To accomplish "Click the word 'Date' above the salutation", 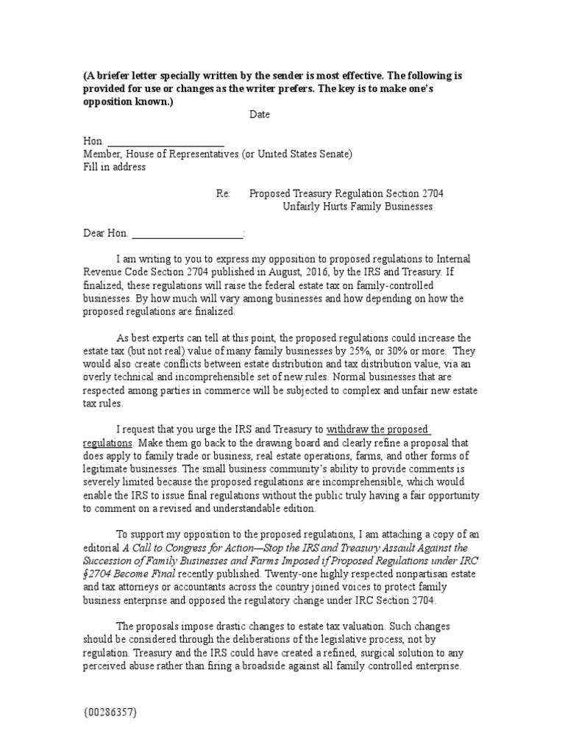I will coord(259,115).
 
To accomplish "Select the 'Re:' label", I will coord(224,193).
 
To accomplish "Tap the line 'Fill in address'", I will coord(114,167).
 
